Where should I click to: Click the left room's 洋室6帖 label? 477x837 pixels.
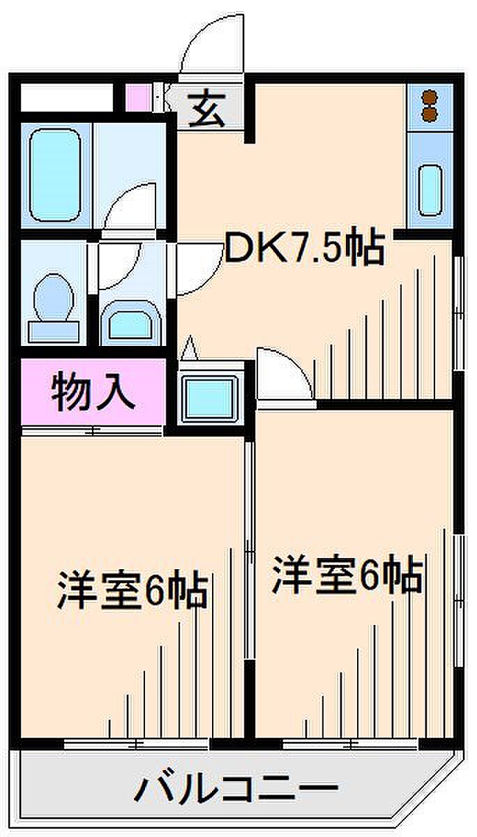(x=132, y=590)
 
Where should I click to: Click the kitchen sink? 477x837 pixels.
(x=430, y=188)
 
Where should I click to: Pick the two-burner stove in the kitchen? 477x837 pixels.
(x=430, y=104)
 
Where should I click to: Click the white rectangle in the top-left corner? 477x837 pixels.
(x=66, y=97)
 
